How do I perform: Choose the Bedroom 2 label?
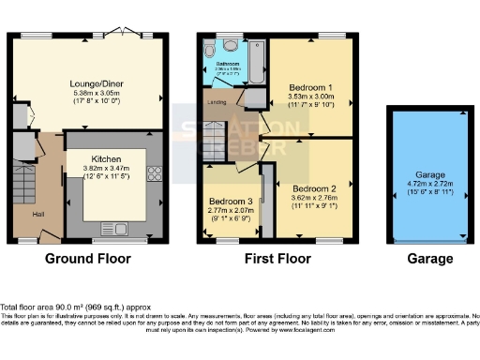click(312, 187)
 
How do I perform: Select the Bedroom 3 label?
click(230, 202)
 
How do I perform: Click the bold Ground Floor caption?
click(89, 259)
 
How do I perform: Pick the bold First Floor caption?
click(277, 259)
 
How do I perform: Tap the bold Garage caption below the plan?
click(427, 259)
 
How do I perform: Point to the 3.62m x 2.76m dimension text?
click(312, 198)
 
